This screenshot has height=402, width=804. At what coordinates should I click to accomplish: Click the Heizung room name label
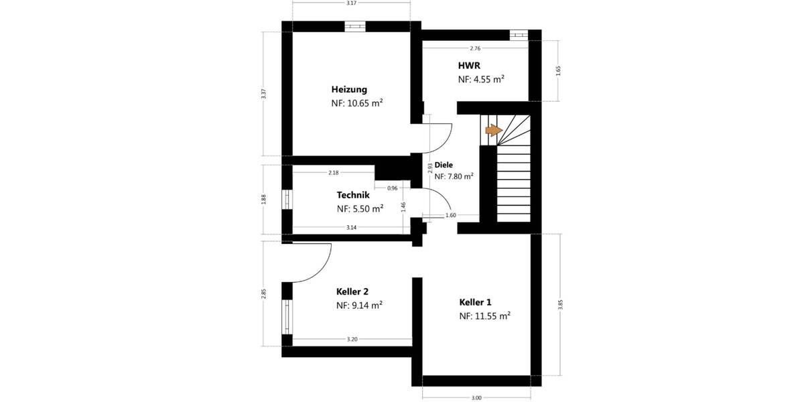349,89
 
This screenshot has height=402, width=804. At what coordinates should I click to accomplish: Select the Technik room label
353,195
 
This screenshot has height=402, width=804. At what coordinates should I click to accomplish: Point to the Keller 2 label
352,291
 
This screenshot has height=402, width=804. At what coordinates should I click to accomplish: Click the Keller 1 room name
476,301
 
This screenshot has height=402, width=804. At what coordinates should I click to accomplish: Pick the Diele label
444,164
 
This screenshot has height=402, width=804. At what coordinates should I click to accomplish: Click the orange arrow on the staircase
493,130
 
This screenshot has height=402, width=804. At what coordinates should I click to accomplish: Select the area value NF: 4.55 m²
481,79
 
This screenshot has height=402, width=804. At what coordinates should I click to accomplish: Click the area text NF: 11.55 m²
485,316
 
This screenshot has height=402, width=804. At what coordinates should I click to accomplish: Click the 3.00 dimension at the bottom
476,398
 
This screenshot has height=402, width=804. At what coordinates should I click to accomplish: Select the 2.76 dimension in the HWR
475,48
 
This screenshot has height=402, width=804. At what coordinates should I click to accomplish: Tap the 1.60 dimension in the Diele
450,216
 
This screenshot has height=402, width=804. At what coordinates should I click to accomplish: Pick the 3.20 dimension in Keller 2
352,340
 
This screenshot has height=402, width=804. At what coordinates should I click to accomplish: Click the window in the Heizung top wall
355,26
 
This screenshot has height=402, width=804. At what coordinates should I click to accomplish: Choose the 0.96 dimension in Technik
393,188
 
